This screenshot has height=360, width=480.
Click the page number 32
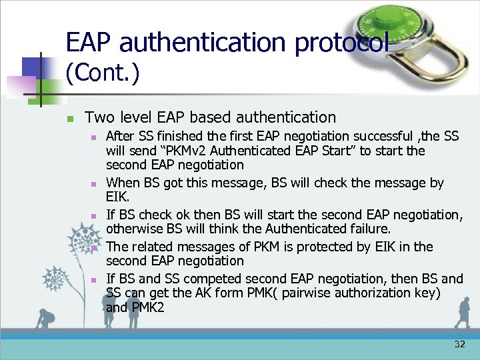tap(459, 344)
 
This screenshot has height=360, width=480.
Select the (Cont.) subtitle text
tap(103, 73)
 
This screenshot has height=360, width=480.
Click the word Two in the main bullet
tap(99, 117)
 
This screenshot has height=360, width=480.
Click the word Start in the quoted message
tap(339, 151)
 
